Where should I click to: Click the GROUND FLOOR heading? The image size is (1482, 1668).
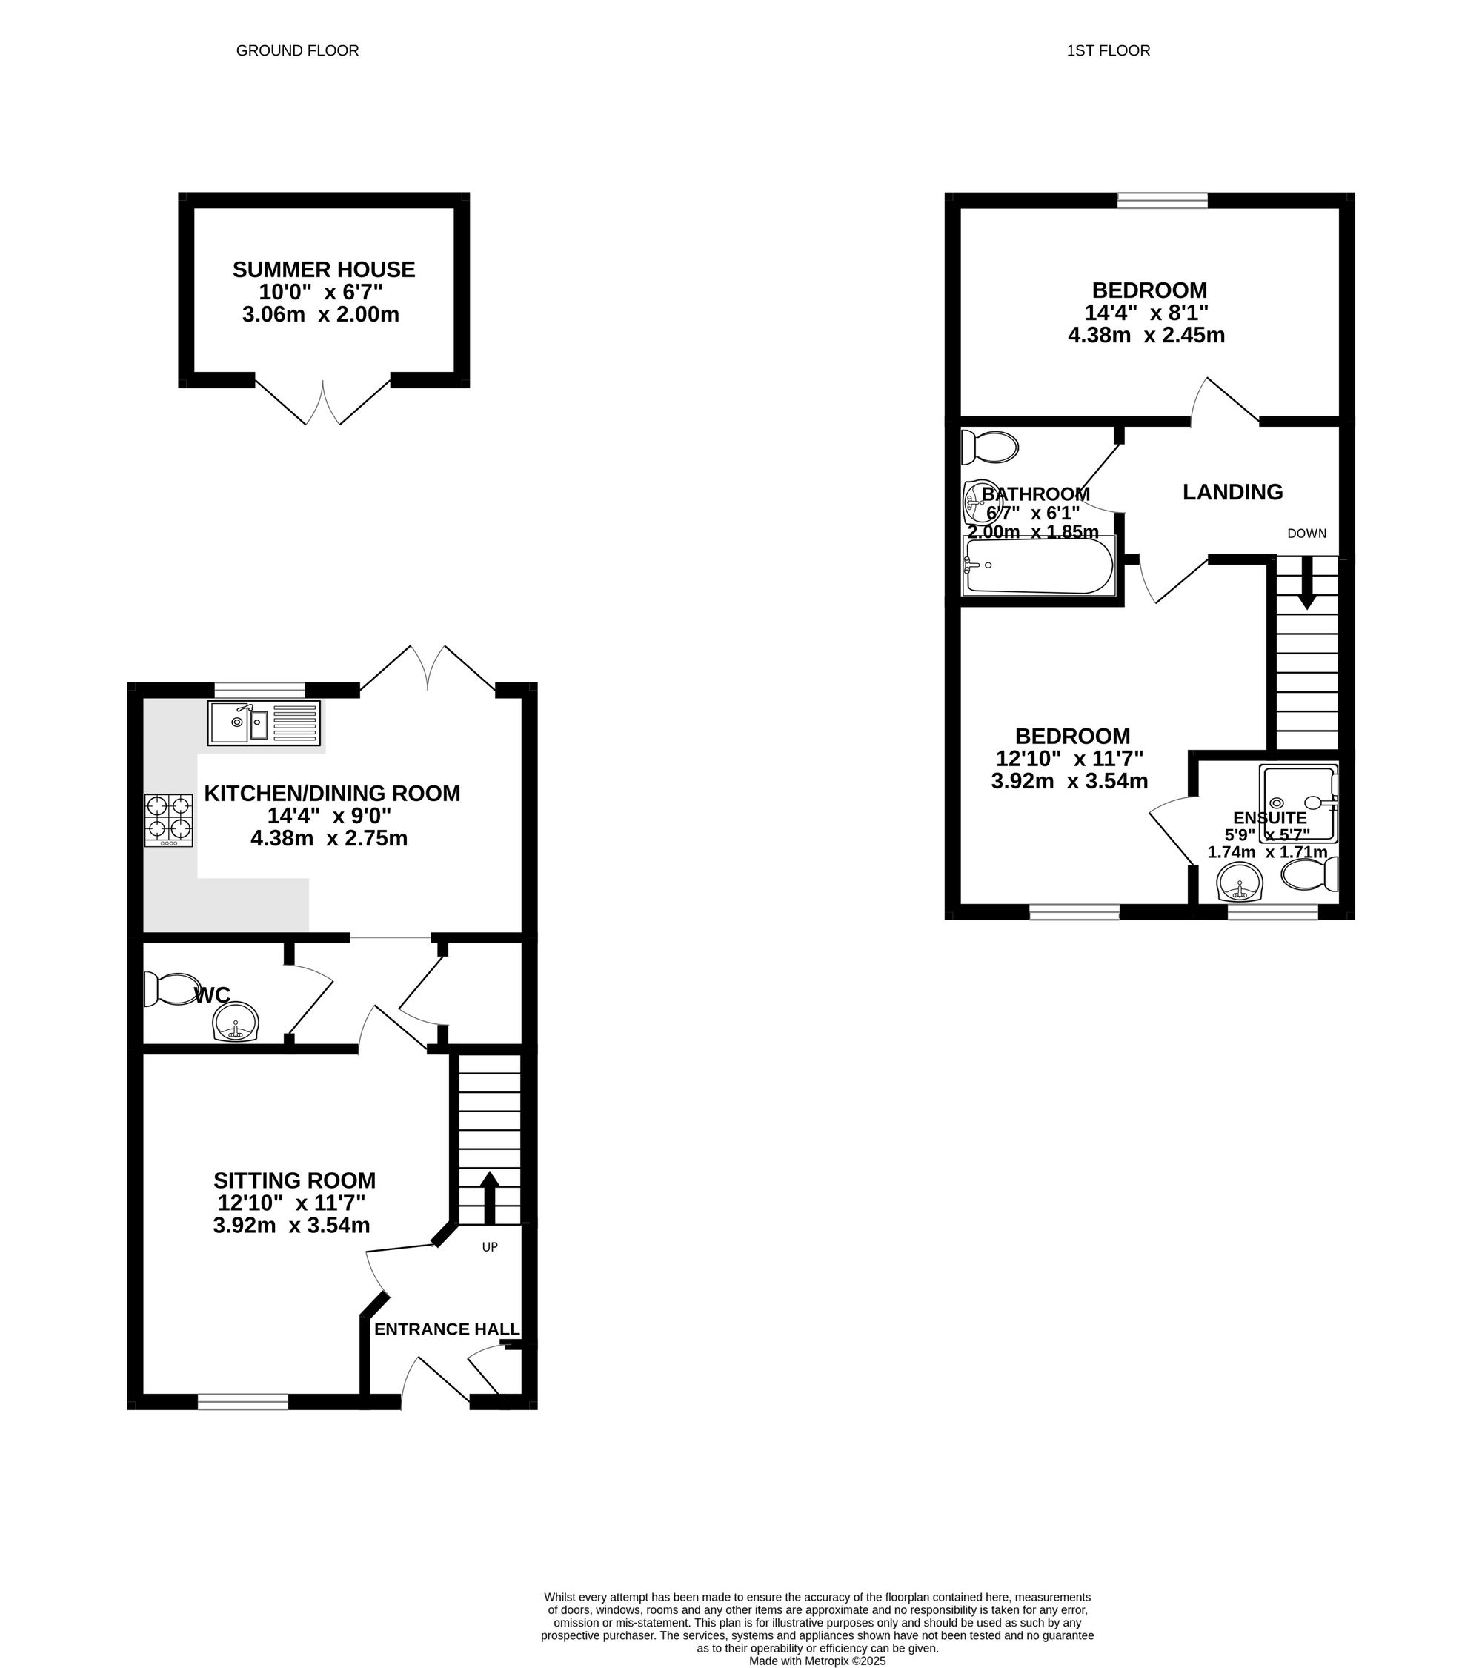coord(297,50)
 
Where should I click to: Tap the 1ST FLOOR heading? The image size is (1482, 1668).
coord(1109,50)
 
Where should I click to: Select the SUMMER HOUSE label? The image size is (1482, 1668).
coord(324,269)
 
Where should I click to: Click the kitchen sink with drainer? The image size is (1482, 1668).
coord(264,723)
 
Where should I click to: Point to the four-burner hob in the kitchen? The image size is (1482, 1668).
coord(169,820)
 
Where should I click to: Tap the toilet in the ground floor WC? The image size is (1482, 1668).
coord(171,989)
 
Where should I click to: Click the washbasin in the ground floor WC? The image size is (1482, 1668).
coord(236,1023)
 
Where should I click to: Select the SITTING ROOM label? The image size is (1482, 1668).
coord(295,1180)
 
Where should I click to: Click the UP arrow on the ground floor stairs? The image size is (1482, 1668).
coord(490,1197)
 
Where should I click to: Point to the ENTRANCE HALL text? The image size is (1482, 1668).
coord(446,1329)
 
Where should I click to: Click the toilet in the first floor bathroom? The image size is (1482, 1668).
coord(990,447)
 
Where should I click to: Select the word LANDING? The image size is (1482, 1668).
coord(1232,492)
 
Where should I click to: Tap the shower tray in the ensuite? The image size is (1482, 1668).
coord(1298,804)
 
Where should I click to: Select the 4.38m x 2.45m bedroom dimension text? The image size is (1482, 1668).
coord(1146,336)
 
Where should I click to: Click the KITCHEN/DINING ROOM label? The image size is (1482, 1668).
coord(332,793)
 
